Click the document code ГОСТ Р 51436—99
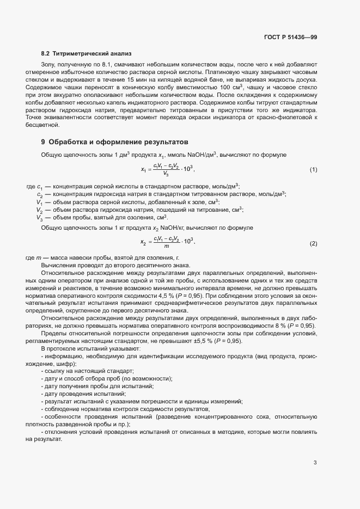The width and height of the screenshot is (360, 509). (291, 37)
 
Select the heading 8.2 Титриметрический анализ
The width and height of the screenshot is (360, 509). (86, 54)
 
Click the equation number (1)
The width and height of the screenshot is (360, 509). (313, 170)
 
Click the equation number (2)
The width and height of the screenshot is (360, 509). (313, 243)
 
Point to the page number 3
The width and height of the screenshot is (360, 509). (315, 463)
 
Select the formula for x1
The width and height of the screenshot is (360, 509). (168, 170)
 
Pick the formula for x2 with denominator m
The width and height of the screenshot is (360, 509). (168, 243)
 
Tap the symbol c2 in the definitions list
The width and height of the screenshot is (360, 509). (40, 194)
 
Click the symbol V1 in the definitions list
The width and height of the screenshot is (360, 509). (40, 202)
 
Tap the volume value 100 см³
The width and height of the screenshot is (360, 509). (232, 87)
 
